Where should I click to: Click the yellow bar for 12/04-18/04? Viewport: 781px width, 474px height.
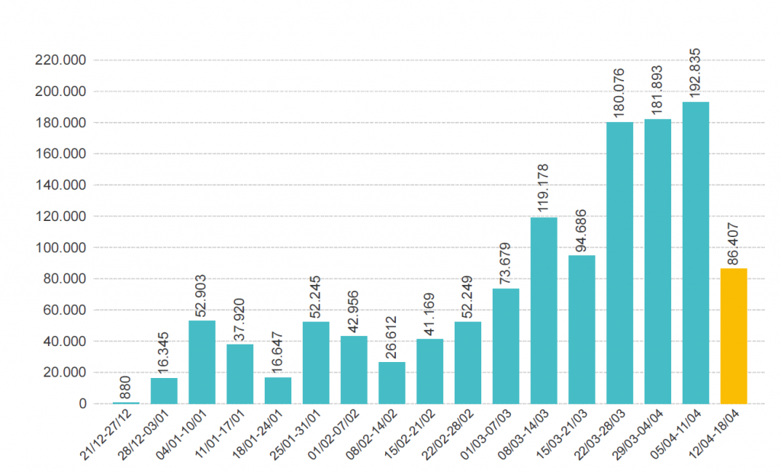(733, 335)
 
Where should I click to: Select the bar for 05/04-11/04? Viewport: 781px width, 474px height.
(695, 252)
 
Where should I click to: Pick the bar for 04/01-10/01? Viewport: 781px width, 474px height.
(201, 362)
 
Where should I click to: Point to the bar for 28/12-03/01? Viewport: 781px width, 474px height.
(163, 390)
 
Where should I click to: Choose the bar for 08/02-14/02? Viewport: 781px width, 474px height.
(391, 383)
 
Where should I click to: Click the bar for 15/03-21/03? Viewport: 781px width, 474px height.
(581, 329)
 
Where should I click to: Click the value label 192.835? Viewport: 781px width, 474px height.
(695, 72)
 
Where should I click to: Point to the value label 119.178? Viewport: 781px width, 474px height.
(543, 188)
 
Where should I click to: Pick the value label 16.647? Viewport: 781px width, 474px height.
(278, 353)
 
